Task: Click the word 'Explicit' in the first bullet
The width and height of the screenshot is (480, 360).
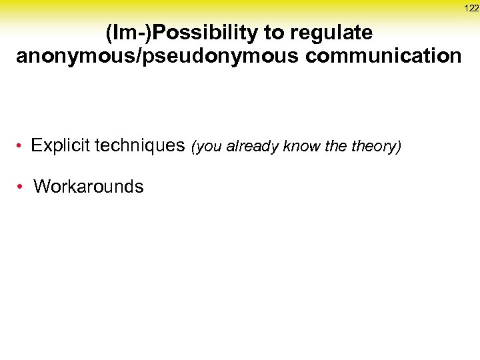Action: click(61, 145)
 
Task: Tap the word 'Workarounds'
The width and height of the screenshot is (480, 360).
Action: click(88, 187)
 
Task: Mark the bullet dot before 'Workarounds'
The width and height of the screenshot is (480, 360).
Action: click(23, 187)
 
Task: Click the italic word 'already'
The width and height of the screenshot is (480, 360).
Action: click(254, 147)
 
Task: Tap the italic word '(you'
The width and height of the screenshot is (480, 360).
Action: click(207, 147)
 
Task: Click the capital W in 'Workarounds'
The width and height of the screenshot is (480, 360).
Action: click(41, 187)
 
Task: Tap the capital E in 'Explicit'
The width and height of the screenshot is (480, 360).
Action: click(36, 145)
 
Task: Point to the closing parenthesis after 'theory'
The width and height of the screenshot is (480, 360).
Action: click(399, 147)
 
